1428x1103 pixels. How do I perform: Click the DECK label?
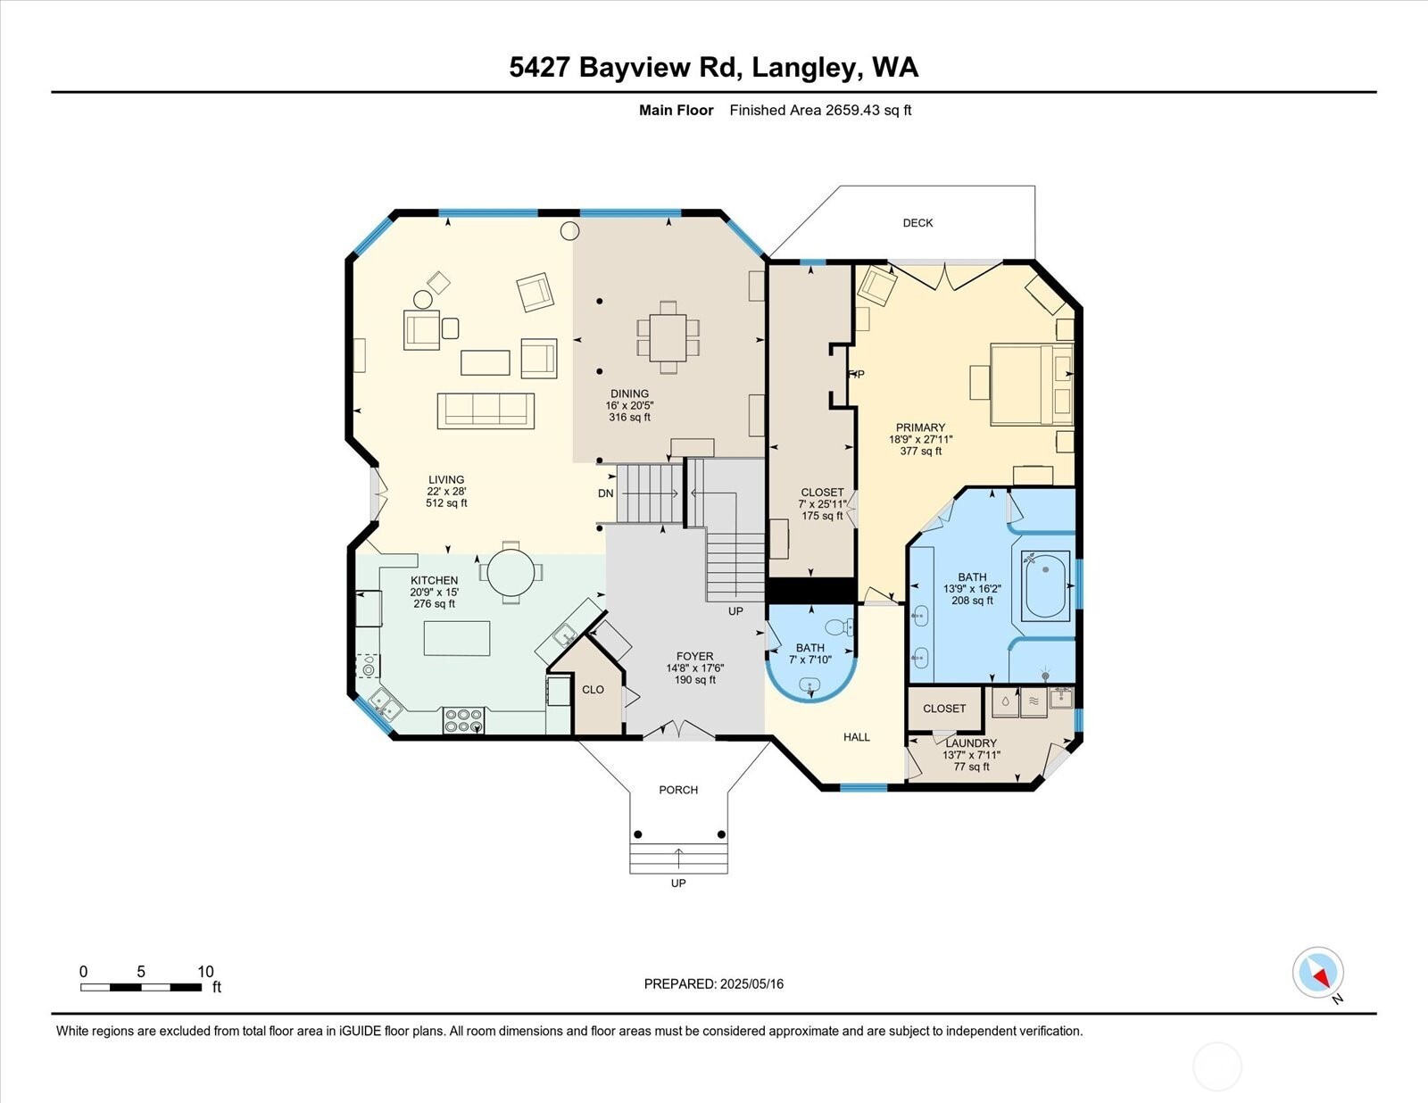pos(917,223)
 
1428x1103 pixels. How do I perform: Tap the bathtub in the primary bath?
pos(1045,586)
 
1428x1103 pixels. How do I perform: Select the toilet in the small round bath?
pos(836,626)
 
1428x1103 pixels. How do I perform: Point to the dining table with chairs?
pos(668,336)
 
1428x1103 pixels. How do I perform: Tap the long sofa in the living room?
pos(486,411)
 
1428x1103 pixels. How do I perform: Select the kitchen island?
pos(456,638)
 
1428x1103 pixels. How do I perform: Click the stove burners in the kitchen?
pos(463,720)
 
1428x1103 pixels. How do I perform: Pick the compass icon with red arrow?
pos(1317,973)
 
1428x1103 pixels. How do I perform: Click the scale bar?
pos(141,987)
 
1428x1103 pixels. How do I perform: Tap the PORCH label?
pos(678,790)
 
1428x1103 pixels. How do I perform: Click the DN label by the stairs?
pos(606,493)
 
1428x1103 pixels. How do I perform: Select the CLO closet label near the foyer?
pos(593,690)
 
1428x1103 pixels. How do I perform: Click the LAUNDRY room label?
pos(971,743)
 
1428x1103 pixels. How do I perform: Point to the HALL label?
pos(857,737)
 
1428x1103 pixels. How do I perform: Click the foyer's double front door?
pos(678,730)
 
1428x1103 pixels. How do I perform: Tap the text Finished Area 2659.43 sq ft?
pos(820,111)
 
